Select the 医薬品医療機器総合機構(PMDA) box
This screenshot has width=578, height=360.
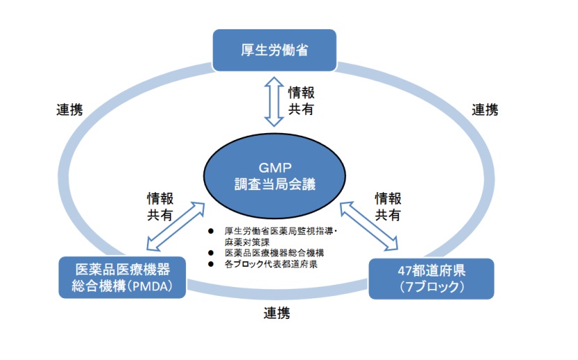coord(123,277)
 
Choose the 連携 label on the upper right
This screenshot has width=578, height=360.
coord(485,110)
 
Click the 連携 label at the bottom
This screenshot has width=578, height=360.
coord(277,313)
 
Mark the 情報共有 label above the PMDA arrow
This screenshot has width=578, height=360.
coord(159,207)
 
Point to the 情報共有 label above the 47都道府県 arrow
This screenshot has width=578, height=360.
coord(388,207)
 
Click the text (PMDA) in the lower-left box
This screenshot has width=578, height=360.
coord(162,285)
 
